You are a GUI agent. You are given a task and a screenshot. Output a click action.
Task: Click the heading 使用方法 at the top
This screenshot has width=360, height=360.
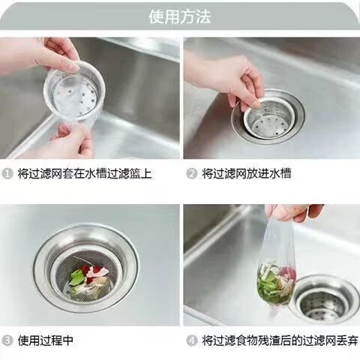[180, 16]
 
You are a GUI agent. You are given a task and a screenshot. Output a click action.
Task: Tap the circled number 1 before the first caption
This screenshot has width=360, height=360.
[7, 174]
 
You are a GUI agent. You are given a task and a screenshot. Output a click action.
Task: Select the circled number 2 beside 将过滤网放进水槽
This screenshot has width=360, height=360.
[192, 174]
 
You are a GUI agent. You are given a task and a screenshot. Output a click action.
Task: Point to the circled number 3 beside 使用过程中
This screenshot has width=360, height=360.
[7, 340]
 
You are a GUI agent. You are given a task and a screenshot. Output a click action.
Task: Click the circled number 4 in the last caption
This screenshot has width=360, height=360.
[192, 340]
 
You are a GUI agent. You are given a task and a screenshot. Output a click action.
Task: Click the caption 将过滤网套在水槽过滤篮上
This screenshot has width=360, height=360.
[85, 174]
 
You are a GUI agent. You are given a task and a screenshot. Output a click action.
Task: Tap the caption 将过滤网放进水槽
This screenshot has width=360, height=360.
[247, 174]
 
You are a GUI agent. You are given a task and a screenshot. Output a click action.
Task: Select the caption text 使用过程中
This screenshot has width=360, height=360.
[45, 340]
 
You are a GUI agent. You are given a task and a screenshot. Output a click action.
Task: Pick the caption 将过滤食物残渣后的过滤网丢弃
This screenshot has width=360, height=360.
[280, 340]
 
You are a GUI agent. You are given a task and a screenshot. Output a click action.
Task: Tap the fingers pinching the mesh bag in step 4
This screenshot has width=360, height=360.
[295, 213]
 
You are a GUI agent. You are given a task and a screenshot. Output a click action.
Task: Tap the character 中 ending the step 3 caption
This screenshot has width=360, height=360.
[67, 340]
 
